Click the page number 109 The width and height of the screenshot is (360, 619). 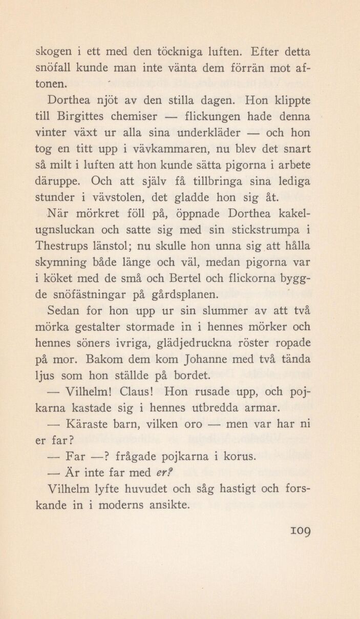click(299, 528)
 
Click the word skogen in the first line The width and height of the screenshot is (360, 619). click(53, 52)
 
